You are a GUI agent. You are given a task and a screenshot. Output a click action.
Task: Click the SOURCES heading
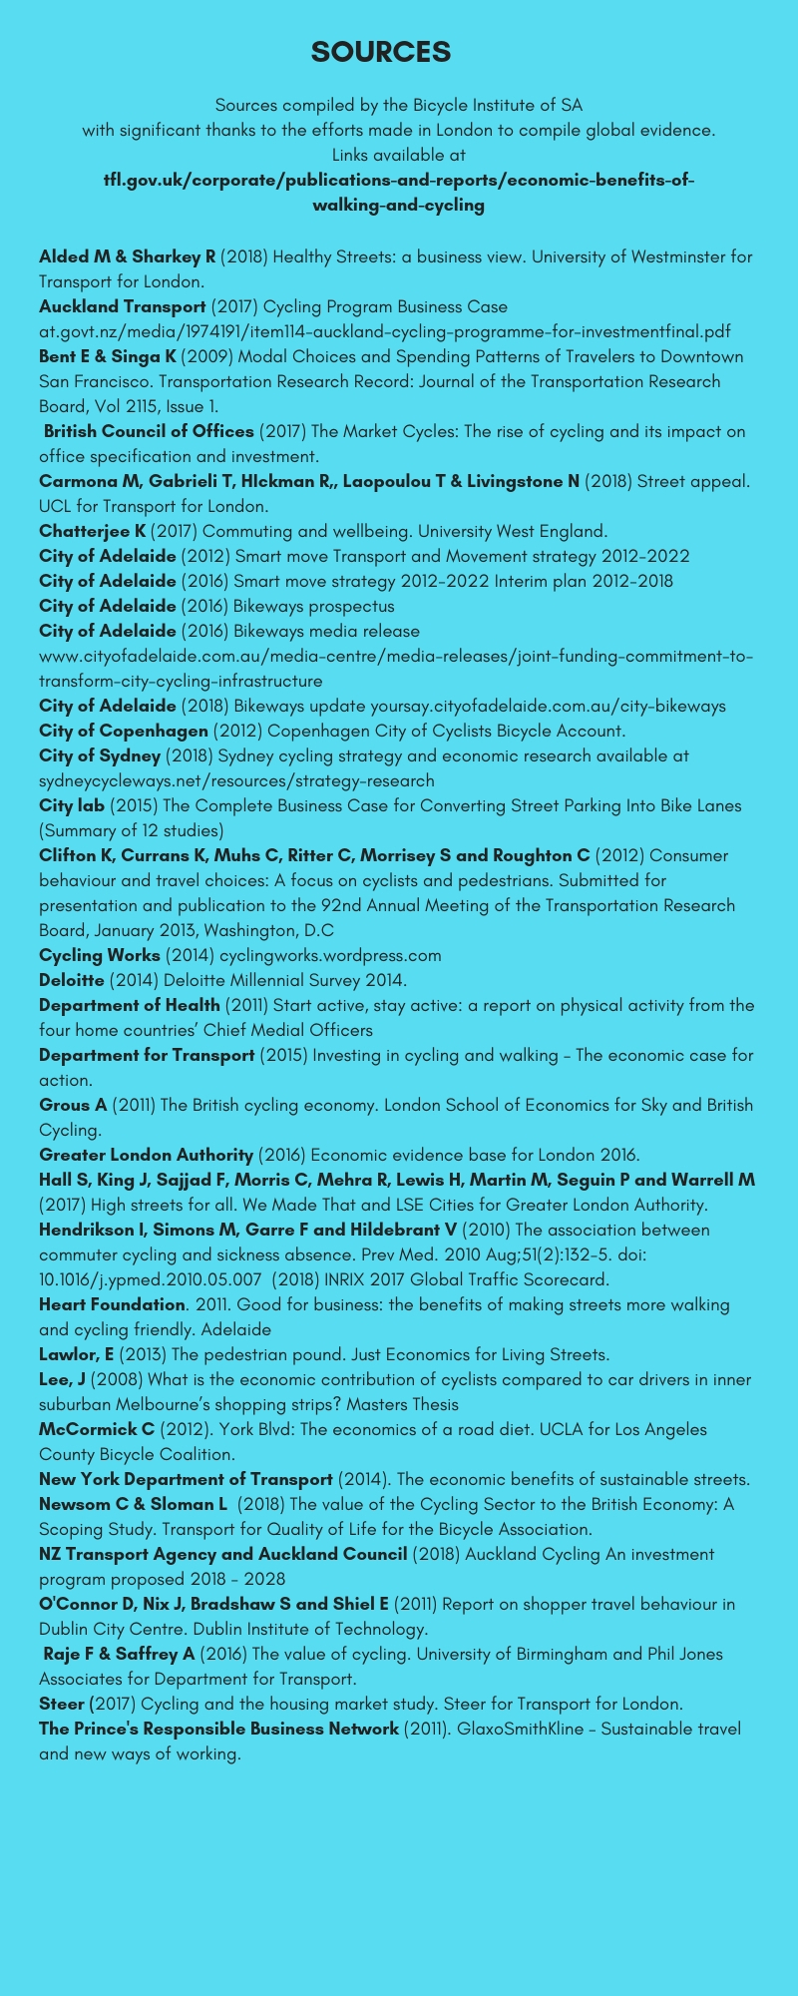click(380, 52)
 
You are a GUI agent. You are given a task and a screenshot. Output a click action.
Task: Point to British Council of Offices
click(149, 431)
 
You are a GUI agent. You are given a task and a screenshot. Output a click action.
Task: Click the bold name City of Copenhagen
click(124, 731)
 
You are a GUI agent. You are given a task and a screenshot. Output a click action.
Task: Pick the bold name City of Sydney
click(100, 755)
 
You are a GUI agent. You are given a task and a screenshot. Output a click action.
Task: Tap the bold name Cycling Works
click(100, 955)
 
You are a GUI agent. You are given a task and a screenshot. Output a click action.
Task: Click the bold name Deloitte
click(72, 980)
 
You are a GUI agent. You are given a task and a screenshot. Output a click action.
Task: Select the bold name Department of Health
click(130, 1005)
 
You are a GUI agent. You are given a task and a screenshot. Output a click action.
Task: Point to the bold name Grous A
click(73, 1105)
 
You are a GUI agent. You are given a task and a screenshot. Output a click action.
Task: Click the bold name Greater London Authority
click(146, 1155)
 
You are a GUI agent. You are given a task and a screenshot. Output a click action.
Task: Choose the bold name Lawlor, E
click(77, 1354)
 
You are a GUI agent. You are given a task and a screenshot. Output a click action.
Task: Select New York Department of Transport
click(186, 1479)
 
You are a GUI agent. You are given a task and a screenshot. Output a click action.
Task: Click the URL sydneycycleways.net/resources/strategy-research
click(236, 780)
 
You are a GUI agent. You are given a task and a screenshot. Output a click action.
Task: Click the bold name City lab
click(72, 805)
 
